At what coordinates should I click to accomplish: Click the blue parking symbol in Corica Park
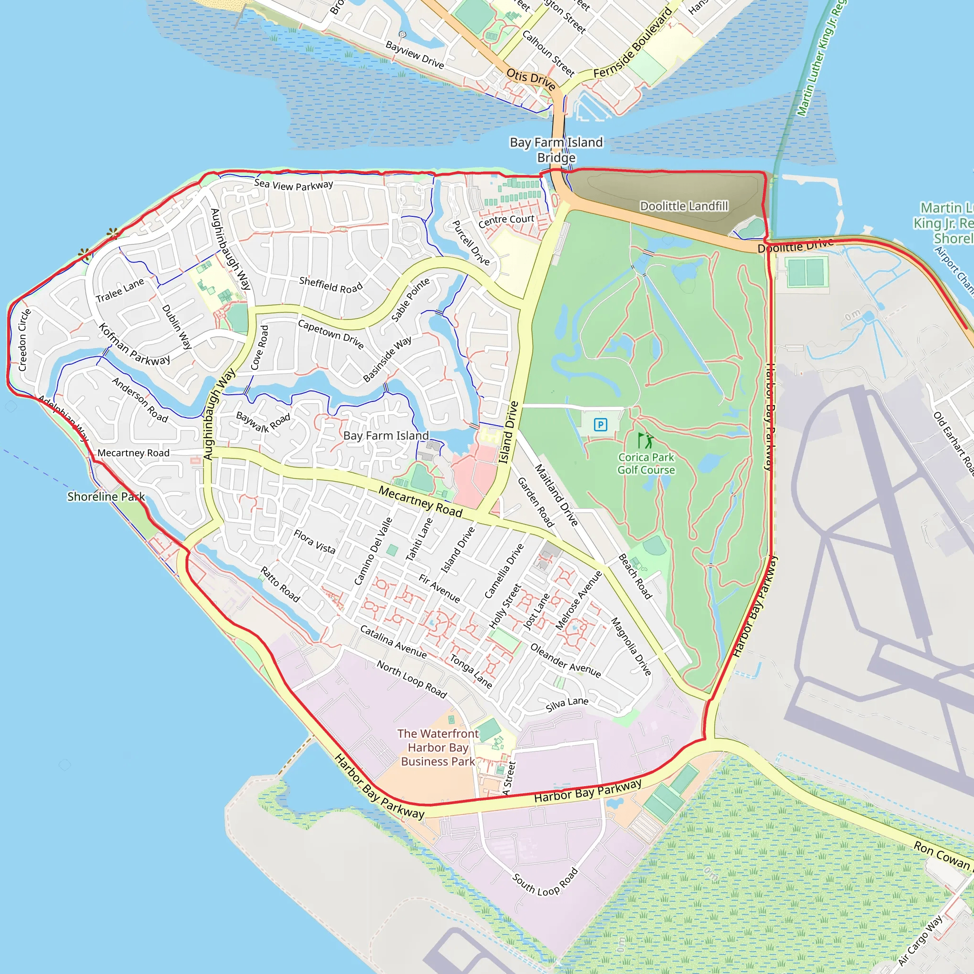coord(600,425)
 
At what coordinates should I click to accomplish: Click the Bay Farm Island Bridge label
coord(556,150)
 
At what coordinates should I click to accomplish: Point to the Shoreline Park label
coord(106,497)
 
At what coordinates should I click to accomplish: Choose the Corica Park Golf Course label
coord(646,463)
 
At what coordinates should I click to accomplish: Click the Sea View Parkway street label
coord(293,185)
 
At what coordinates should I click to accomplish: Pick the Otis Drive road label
coord(530,79)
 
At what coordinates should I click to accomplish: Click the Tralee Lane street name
coord(120,291)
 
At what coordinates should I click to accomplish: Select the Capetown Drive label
coord(331,334)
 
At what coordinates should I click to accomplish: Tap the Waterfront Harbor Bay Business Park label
coord(438,748)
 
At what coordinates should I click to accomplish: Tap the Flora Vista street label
coord(314,541)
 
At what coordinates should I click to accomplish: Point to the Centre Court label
coord(506,221)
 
